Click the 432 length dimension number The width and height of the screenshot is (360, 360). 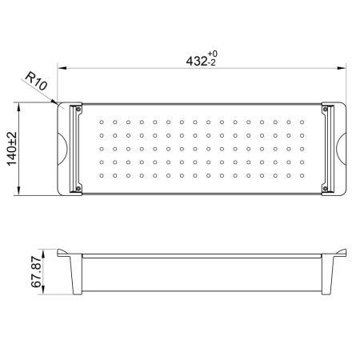click(197, 62)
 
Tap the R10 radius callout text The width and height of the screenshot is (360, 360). click(36, 81)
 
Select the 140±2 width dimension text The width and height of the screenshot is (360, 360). click(12, 149)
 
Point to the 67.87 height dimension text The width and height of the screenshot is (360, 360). click(36, 272)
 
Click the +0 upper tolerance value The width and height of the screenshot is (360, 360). click(213, 54)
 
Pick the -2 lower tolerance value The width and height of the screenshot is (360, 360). click(211, 63)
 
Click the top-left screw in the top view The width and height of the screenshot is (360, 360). click(78, 109)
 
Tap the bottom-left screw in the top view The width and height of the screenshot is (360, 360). click(78, 189)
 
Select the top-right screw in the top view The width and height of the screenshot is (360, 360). click(325, 109)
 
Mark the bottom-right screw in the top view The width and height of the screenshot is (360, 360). click(325, 189)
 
